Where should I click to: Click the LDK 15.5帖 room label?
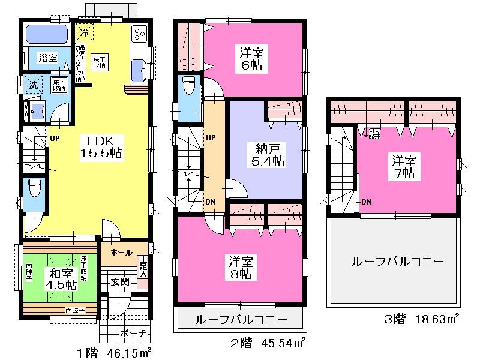101,146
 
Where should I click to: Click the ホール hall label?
122,253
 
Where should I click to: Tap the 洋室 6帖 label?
251,58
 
